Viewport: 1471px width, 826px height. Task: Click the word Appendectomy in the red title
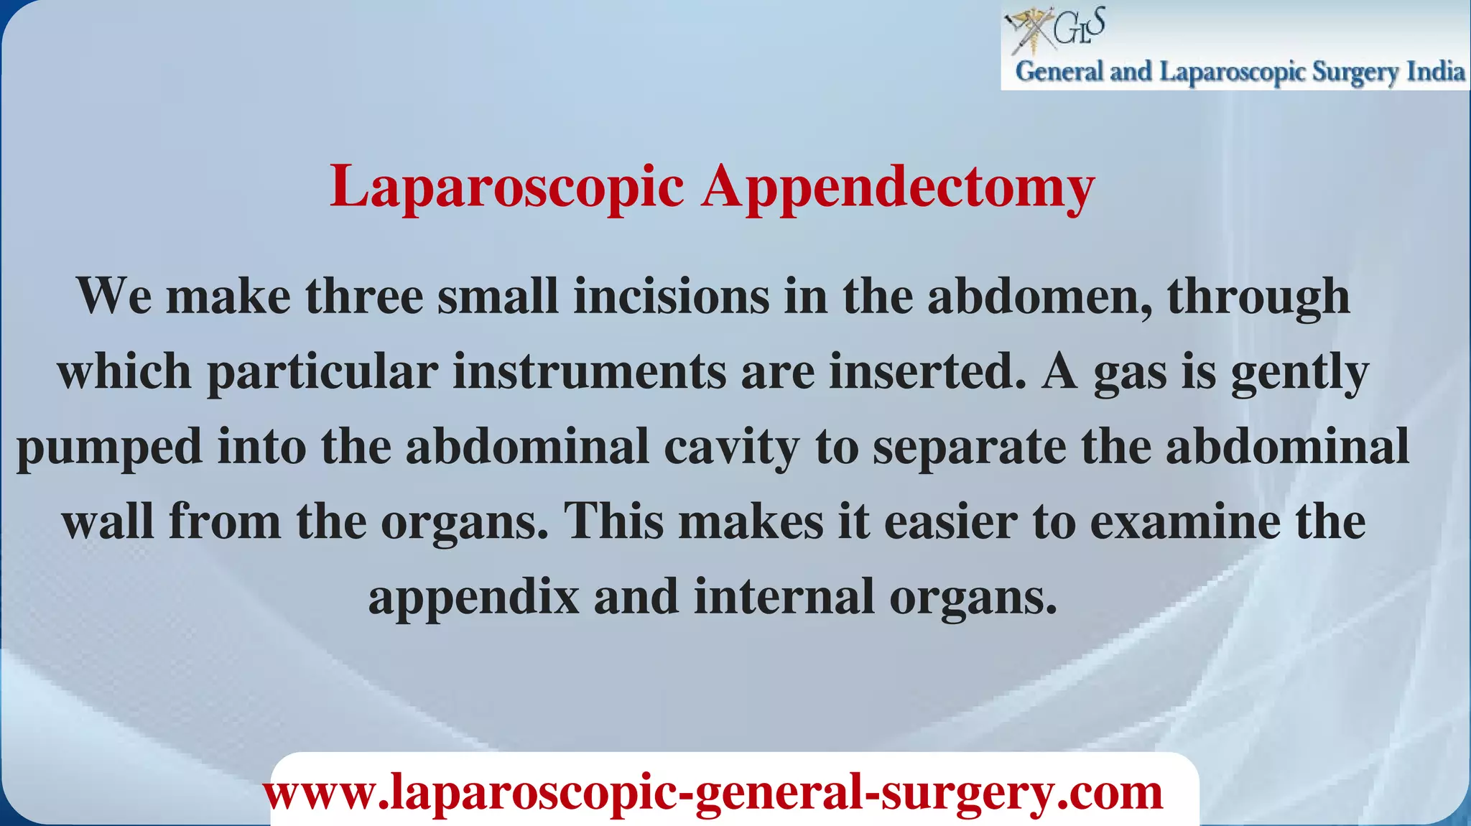[898, 187]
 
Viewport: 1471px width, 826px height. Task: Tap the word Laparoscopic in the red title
[506, 187]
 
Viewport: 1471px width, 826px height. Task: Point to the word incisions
[671, 296]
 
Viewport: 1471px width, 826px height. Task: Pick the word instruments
[589, 371]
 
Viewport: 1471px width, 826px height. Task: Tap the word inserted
[927, 371]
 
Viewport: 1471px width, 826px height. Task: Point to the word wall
[108, 521]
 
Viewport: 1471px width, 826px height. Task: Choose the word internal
[784, 596]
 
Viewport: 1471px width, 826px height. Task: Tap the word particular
[322, 373]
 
